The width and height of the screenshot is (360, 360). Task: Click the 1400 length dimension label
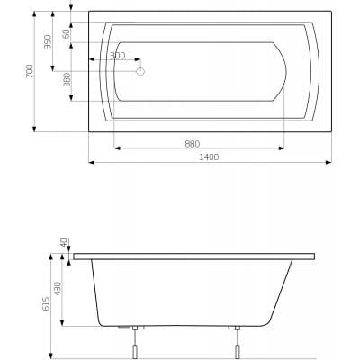tap(209, 157)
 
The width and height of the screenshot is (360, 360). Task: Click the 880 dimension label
tap(192, 144)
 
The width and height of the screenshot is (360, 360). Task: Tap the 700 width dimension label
tap(30, 71)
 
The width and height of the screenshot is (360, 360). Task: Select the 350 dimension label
tap(48, 41)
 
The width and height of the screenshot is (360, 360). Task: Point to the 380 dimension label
tap(67, 79)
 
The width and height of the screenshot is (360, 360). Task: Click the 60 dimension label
tap(67, 33)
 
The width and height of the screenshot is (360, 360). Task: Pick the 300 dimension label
tap(117, 56)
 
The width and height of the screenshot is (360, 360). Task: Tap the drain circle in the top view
tap(140, 71)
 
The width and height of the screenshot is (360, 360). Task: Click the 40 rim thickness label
tap(64, 242)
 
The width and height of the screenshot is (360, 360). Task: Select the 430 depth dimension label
tap(58, 288)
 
